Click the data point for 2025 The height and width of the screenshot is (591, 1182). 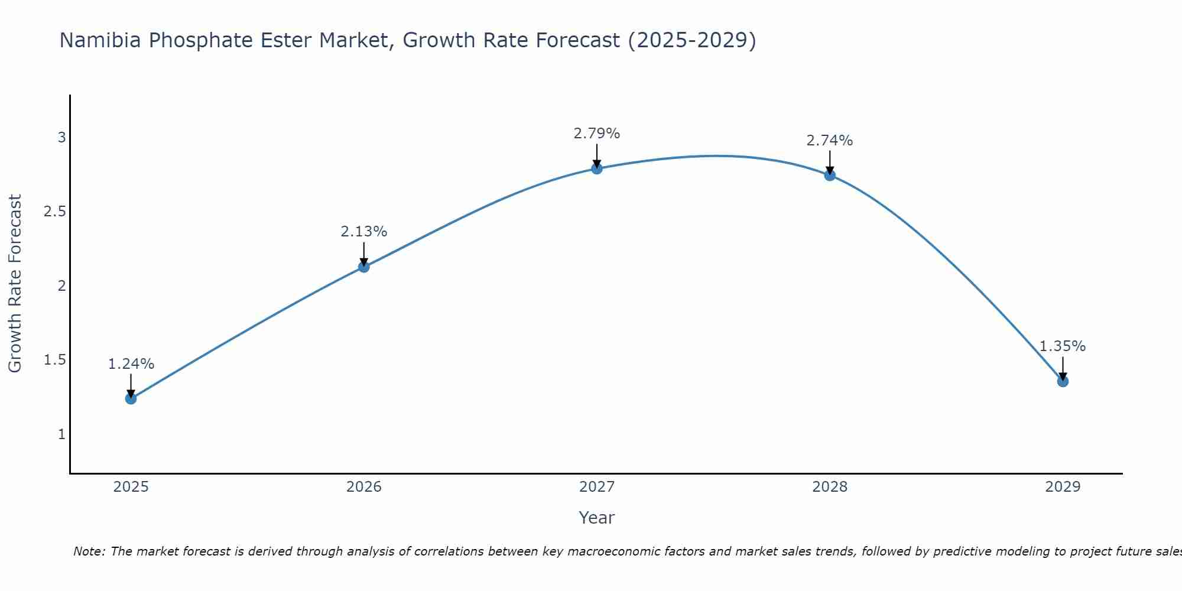click(131, 398)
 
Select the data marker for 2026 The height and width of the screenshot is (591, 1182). click(363, 267)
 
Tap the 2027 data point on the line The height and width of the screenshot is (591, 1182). click(596, 168)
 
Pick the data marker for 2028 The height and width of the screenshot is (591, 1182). click(829, 175)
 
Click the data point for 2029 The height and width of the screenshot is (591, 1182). click(1062, 381)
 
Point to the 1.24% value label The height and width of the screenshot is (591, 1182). click(131, 364)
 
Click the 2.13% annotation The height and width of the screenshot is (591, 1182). click(363, 232)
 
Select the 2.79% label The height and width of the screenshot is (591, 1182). click(596, 134)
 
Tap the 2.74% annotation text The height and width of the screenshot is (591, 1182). click(829, 141)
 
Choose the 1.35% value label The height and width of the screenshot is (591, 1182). click(1062, 346)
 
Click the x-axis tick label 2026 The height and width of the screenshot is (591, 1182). click(363, 487)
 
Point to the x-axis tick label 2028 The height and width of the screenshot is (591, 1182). click(829, 487)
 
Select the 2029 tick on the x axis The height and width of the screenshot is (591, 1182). click(1062, 487)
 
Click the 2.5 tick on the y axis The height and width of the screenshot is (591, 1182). click(54, 212)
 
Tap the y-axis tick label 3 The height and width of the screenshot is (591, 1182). click(61, 138)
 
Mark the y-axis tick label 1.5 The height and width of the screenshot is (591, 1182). click(54, 360)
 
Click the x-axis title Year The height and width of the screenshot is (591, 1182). click(596, 518)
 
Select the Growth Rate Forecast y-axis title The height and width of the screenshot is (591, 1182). click(15, 283)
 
